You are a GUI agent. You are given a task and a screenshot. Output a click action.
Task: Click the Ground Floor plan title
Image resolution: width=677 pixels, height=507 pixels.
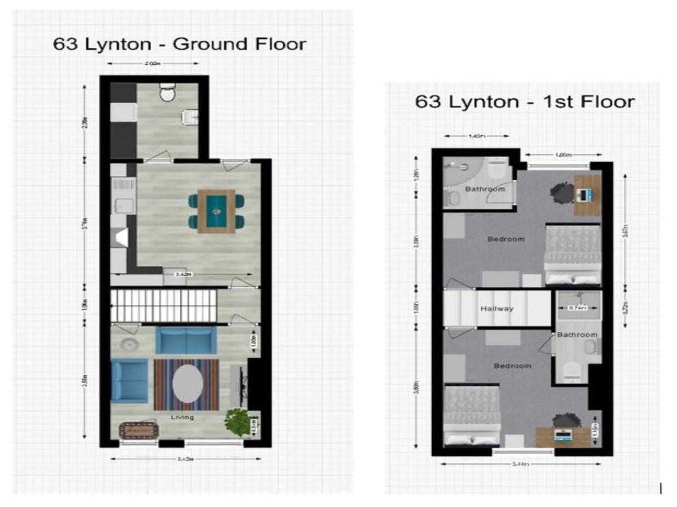tap(179, 44)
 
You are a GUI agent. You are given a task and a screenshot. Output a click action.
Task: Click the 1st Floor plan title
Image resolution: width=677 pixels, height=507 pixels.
tap(525, 101)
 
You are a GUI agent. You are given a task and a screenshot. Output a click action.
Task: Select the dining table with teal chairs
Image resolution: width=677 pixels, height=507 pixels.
tap(217, 211)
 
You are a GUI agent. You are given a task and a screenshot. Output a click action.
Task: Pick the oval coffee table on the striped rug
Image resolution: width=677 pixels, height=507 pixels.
tap(187, 384)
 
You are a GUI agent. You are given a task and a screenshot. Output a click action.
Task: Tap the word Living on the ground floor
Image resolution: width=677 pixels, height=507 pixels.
tap(182, 417)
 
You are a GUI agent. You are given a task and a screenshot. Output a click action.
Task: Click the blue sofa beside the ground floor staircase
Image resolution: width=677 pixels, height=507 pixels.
tap(186, 340)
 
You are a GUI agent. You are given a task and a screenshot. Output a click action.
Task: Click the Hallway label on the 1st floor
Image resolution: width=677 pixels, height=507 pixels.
tap(496, 309)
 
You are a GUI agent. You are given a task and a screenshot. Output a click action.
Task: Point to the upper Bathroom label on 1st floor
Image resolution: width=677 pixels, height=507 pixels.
tap(485, 189)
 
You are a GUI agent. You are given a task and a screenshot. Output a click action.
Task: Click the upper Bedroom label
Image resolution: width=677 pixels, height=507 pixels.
tap(505, 239)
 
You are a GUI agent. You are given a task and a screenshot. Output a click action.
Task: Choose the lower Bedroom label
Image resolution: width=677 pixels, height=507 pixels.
tap(512, 366)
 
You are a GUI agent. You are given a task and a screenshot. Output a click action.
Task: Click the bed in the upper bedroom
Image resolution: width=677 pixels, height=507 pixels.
tap(572, 255)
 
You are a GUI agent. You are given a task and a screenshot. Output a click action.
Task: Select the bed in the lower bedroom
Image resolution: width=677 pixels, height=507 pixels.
tap(473, 416)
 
